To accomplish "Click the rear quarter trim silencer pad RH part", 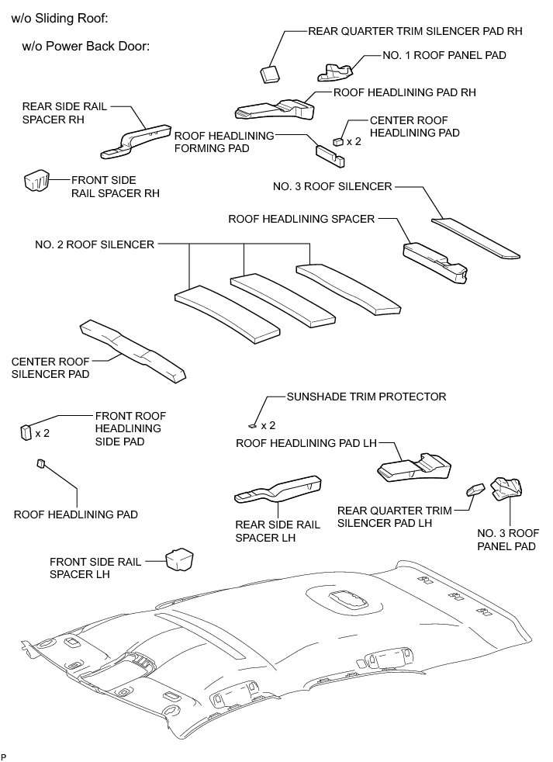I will [x=268, y=73].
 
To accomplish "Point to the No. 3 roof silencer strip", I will [x=475, y=237].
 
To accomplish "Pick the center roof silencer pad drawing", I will [x=134, y=350].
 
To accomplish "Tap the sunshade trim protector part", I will [x=254, y=425].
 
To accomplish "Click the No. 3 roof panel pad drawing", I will [x=505, y=489].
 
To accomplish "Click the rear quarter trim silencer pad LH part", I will [x=474, y=489].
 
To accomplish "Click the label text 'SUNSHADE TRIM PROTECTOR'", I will [x=366, y=397].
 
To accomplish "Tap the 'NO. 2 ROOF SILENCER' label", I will [x=94, y=244].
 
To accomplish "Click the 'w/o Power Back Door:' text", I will [x=85, y=46].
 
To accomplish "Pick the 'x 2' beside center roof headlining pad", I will [x=354, y=141].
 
